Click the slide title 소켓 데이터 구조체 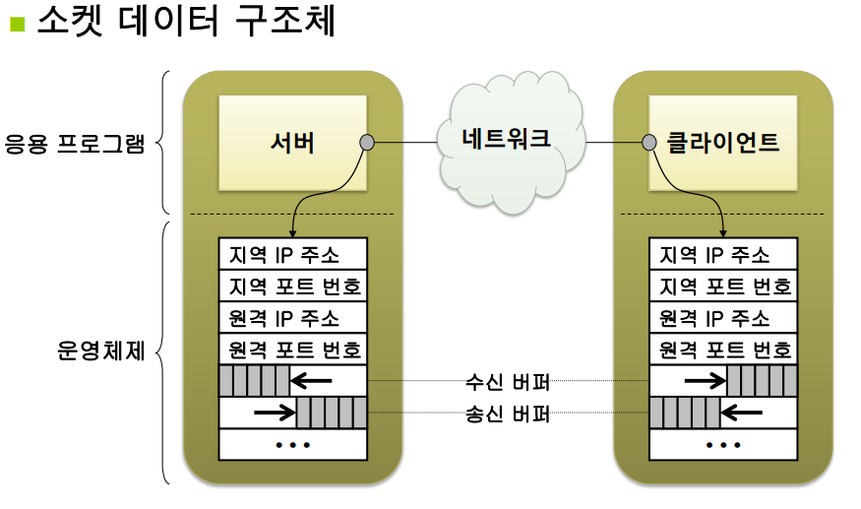186,22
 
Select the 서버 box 292,142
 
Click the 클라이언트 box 723,142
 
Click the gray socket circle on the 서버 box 367,143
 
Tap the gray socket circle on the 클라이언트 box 649,143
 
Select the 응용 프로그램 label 75,145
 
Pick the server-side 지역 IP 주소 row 292,254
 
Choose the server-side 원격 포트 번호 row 292,349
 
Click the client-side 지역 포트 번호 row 723,286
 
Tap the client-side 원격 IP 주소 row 723,317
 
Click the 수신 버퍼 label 507,381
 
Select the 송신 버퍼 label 507,414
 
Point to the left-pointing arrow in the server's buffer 314,381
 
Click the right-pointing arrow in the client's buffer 703,381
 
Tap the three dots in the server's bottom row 292,445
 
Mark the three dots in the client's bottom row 723,445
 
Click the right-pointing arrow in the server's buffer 273,414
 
